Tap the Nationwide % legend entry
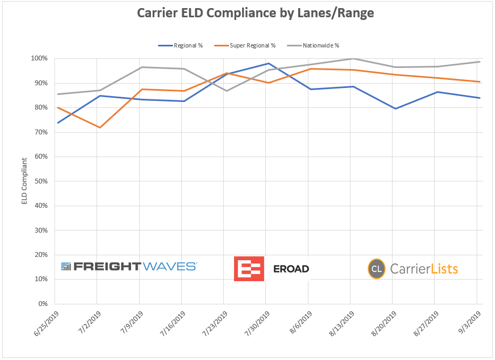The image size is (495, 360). [320, 45]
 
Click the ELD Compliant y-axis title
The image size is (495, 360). [24, 181]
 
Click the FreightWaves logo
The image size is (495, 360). [129, 266]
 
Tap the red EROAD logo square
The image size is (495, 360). [249, 268]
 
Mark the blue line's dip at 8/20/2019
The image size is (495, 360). [395, 108]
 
